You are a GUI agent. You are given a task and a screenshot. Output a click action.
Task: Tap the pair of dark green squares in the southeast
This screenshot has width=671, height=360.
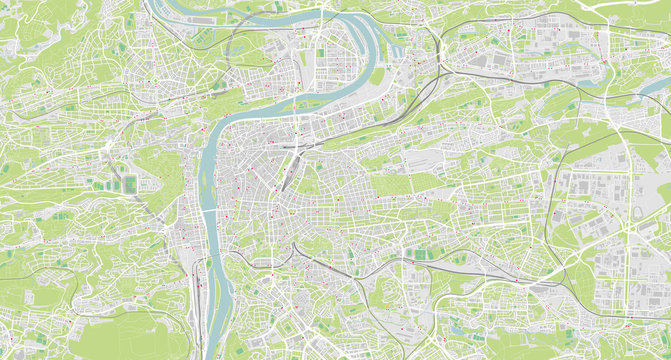coord(424,254)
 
